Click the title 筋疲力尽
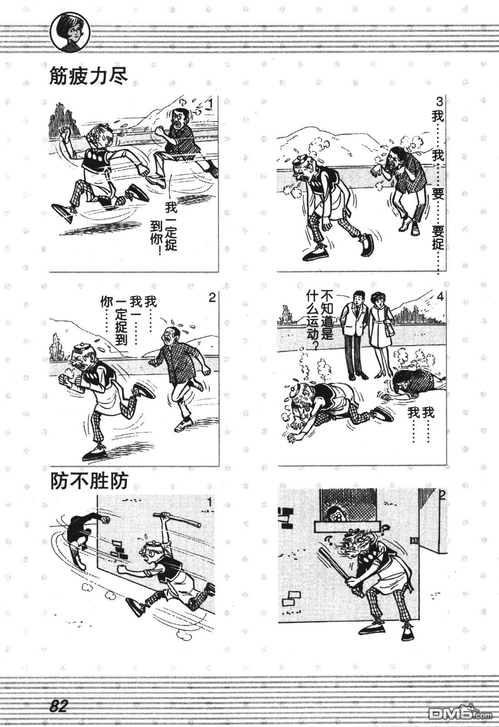click(88, 76)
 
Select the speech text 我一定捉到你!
click(164, 227)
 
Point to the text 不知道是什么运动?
click(320, 320)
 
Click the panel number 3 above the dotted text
click(439, 102)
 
